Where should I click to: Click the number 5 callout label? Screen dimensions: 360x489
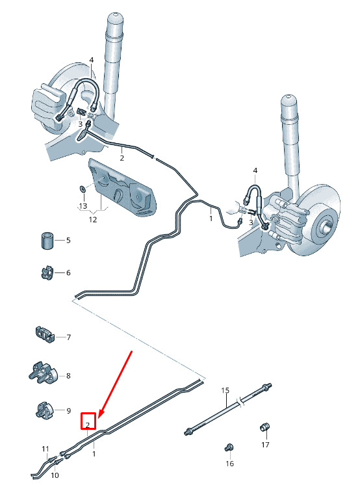point(68,241)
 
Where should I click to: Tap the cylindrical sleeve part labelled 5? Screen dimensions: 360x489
point(47,240)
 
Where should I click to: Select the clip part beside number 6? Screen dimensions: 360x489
point(47,272)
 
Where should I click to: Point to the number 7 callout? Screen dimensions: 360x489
point(69,337)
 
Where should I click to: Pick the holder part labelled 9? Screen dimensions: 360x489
point(45,410)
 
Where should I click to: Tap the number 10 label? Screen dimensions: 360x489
point(55,475)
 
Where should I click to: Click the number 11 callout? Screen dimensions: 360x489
point(45,449)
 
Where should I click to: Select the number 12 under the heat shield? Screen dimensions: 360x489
point(92,220)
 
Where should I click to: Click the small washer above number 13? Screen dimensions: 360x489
point(83,189)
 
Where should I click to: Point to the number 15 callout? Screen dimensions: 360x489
point(225,390)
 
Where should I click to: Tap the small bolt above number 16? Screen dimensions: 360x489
point(229,448)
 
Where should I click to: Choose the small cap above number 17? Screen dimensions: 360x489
point(264,427)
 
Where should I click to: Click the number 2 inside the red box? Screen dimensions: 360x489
point(88,425)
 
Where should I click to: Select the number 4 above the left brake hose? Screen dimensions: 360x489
point(92,60)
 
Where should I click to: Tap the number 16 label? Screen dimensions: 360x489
point(230,464)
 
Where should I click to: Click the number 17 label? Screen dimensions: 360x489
point(265,444)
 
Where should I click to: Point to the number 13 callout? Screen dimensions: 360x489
point(83,206)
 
